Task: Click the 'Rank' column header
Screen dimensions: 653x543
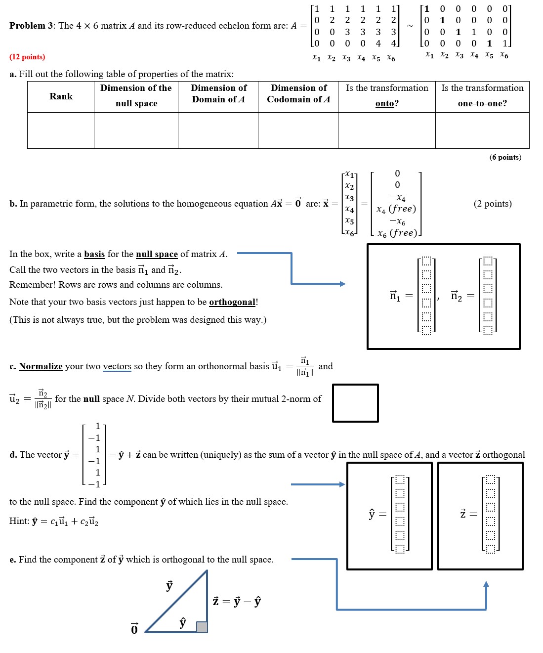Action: (61, 96)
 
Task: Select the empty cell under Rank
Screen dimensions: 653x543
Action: (61, 131)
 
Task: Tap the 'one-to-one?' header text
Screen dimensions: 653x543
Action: (482, 103)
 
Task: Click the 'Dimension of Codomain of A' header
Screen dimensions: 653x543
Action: (298, 93)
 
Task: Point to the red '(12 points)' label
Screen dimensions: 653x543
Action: (27, 57)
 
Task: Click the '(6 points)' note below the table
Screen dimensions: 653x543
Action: (505, 157)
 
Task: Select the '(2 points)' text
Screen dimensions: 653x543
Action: (492, 204)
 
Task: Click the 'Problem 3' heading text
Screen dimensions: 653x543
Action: (32, 26)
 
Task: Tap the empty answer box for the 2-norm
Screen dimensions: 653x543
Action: (355, 403)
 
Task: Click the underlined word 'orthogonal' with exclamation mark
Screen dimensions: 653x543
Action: (232, 302)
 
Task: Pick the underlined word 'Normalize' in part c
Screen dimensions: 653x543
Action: (41, 366)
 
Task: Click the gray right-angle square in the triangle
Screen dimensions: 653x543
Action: (202, 627)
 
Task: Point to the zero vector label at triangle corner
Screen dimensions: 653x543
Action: (134, 629)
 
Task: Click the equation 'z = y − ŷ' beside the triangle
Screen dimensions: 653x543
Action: (237, 601)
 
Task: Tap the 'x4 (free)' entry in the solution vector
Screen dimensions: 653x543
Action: (396, 209)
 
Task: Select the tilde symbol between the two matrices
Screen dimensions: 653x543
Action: (410, 26)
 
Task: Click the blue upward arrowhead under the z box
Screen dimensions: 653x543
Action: (486, 584)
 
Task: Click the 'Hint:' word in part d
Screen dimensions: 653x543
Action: (19, 521)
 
